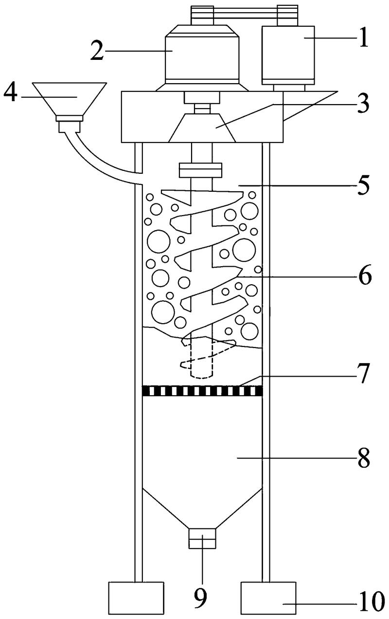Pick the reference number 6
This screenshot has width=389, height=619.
tap(365, 276)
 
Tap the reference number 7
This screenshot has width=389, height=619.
tap(362, 374)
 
